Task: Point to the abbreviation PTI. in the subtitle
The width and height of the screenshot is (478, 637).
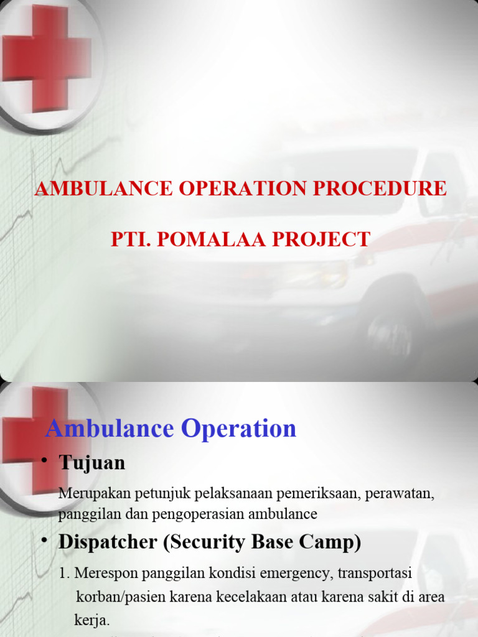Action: tap(133, 239)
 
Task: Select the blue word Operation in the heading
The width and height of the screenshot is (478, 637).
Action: tap(238, 429)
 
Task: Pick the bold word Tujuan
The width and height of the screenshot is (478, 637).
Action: tap(92, 463)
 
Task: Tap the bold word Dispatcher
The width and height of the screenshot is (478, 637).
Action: tap(108, 542)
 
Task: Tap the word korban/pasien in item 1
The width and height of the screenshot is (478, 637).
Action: tap(116, 597)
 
